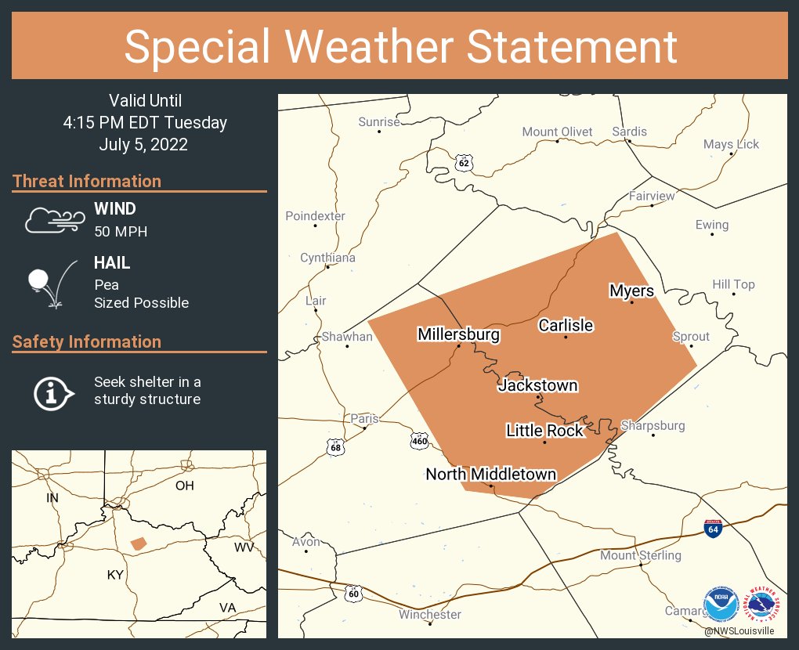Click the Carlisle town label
[x=566, y=325]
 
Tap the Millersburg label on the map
[x=458, y=335]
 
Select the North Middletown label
[x=491, y=474]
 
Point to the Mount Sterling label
[x=641, y=555]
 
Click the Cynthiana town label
[x=327, y=258]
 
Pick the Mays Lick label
[x=731, y=144]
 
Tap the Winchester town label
[x=430, y=615]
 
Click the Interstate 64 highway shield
[x=713, y=529]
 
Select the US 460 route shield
[x=420, y=441]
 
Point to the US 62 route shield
[x=464, y=162]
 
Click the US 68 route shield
[x=335, y=446]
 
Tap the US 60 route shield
[x=354, y=593]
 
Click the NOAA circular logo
[x=721, y=604]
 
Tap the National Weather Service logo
[x=765, y=604]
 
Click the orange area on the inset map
[x=138, y=543]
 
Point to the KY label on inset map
[x=115, y=575]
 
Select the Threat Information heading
[x=87, y=181]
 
